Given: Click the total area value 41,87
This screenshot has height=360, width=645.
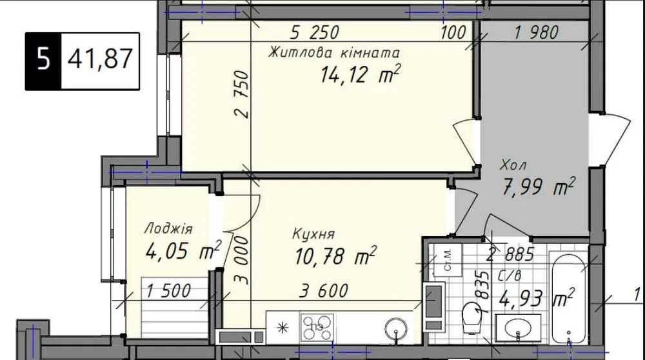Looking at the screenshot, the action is tap(100, 59).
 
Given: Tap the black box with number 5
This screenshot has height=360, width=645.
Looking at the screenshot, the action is tap(43, 61).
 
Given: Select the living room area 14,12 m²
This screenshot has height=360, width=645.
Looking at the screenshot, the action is tap(361, 74).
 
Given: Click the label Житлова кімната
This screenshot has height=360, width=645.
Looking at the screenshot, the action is tap(333, 53).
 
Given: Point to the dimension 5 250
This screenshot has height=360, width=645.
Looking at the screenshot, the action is tap(315, 32).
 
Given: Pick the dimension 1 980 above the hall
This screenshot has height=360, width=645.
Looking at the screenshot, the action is tap(537, 32).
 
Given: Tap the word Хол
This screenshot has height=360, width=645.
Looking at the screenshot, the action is tap(513, 165).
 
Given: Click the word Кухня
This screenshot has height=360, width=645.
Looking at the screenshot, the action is tap(313, 234).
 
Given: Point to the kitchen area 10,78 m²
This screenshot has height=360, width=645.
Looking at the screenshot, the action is tap(335, 256).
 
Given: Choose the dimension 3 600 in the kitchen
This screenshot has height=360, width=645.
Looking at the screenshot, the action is tap(324, 291).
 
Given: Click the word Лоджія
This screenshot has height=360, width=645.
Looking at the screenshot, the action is tap(168, 229).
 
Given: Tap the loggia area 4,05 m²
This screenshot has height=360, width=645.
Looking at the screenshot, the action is tap(183, 250).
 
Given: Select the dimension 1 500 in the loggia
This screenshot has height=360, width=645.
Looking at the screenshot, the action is tap(168, 291).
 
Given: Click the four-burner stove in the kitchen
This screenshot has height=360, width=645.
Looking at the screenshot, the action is tap(317, 328).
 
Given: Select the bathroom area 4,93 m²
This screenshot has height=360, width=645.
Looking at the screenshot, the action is tap(537, 298).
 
